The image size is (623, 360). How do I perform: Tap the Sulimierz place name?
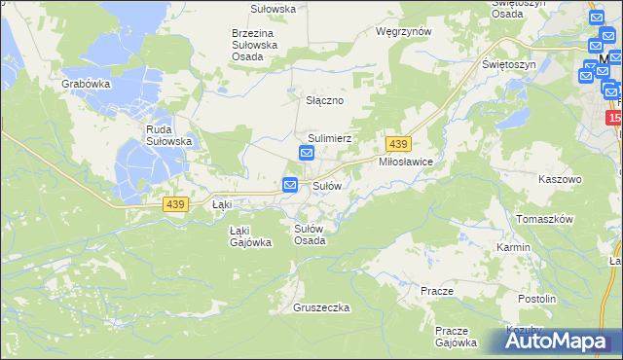click(329, 139)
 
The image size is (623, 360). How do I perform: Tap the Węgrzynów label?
click(403, 31)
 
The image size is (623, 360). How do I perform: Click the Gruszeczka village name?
click(321, 307)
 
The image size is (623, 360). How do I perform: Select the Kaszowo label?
click(560, 180)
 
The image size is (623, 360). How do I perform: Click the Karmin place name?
click(513, 247)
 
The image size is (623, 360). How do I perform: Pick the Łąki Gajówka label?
click(250, 236)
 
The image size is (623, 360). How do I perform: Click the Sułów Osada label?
click(310, 234)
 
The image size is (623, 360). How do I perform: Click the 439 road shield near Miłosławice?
click(396, 143)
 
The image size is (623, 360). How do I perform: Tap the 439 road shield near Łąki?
click(175, 203)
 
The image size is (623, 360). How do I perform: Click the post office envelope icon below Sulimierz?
click(306, 155)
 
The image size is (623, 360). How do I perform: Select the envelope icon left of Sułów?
click(290, 185)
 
